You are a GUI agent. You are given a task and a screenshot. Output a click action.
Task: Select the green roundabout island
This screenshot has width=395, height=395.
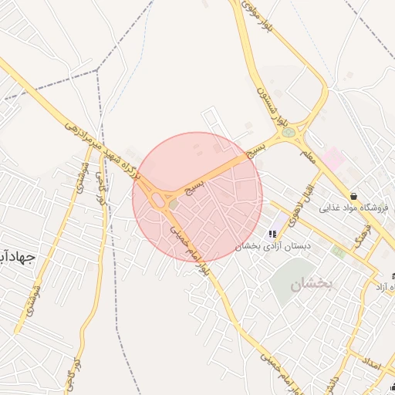point(288,132)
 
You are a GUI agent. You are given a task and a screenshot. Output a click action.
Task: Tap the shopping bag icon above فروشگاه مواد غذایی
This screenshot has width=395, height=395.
point(353,196)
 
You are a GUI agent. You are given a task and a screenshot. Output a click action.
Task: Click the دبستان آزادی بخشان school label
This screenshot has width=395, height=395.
point(272,245)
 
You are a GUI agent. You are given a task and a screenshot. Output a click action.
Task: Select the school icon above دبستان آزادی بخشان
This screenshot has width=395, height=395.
point(272,234)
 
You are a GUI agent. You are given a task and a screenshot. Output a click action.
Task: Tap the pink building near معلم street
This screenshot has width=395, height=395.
point(333,160)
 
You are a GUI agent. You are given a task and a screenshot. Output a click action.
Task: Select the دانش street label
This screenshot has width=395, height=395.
point(331,383)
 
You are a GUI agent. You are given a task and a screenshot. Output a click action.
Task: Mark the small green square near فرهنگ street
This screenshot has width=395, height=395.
point(337,251)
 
